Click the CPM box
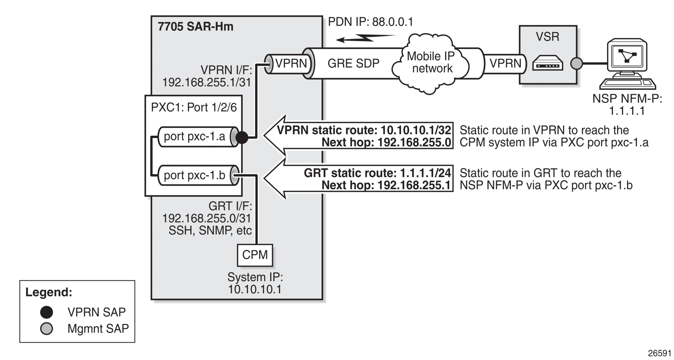[x=255, y=255]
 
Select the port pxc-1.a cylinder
[x=198, y=137]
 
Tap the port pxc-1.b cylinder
[x=198, y=175]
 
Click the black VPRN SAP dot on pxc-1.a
[x=242, y=138]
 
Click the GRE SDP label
[x=353, y=63]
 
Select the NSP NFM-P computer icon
[x=627, y=64]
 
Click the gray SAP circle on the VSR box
[x=577, y=63]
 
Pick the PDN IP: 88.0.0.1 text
[x=371, y=22]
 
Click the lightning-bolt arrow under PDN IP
[x=365, y=38]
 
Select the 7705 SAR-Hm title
[x=195, y=27]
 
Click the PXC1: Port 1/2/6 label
[x=194, y=107]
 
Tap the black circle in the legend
[x=46, y=312]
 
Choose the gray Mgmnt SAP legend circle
[x=46, y=329]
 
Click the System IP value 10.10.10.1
[x=255, y=290]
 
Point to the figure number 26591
[x=659, y=353]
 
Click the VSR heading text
[x=547, y=37]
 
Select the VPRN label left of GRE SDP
[x=291, y=63]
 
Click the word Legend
[x=49, y=293]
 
